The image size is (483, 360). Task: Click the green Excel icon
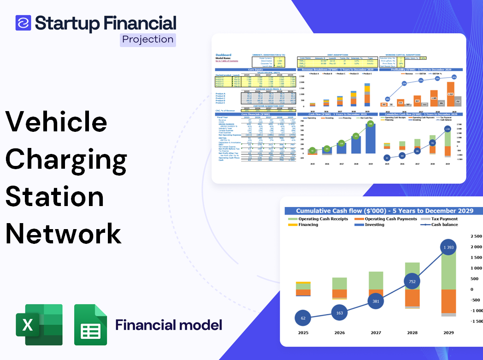[x=39, y=325]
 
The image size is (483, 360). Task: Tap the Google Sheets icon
[x=91, y=325]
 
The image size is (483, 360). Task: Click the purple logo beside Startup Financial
[x=23, y=23]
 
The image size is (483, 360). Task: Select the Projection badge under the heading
[x=147, y=40]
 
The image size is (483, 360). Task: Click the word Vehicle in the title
[x=56, y=122]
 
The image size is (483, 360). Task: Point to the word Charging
[x=66, y=159]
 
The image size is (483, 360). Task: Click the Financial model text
[x=169, y=325]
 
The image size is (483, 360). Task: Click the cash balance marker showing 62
[x=303, y=318]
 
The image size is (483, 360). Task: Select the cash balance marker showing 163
[x=339, y=313]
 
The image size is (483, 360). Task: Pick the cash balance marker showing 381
[x=376, y=301]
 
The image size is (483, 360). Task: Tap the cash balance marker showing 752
[x=412, y=281]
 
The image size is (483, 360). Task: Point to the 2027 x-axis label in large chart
[x=376, y=332]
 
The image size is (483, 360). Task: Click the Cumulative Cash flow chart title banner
[x=384, y=211]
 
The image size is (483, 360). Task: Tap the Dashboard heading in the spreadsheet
[x=224, y=55]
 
